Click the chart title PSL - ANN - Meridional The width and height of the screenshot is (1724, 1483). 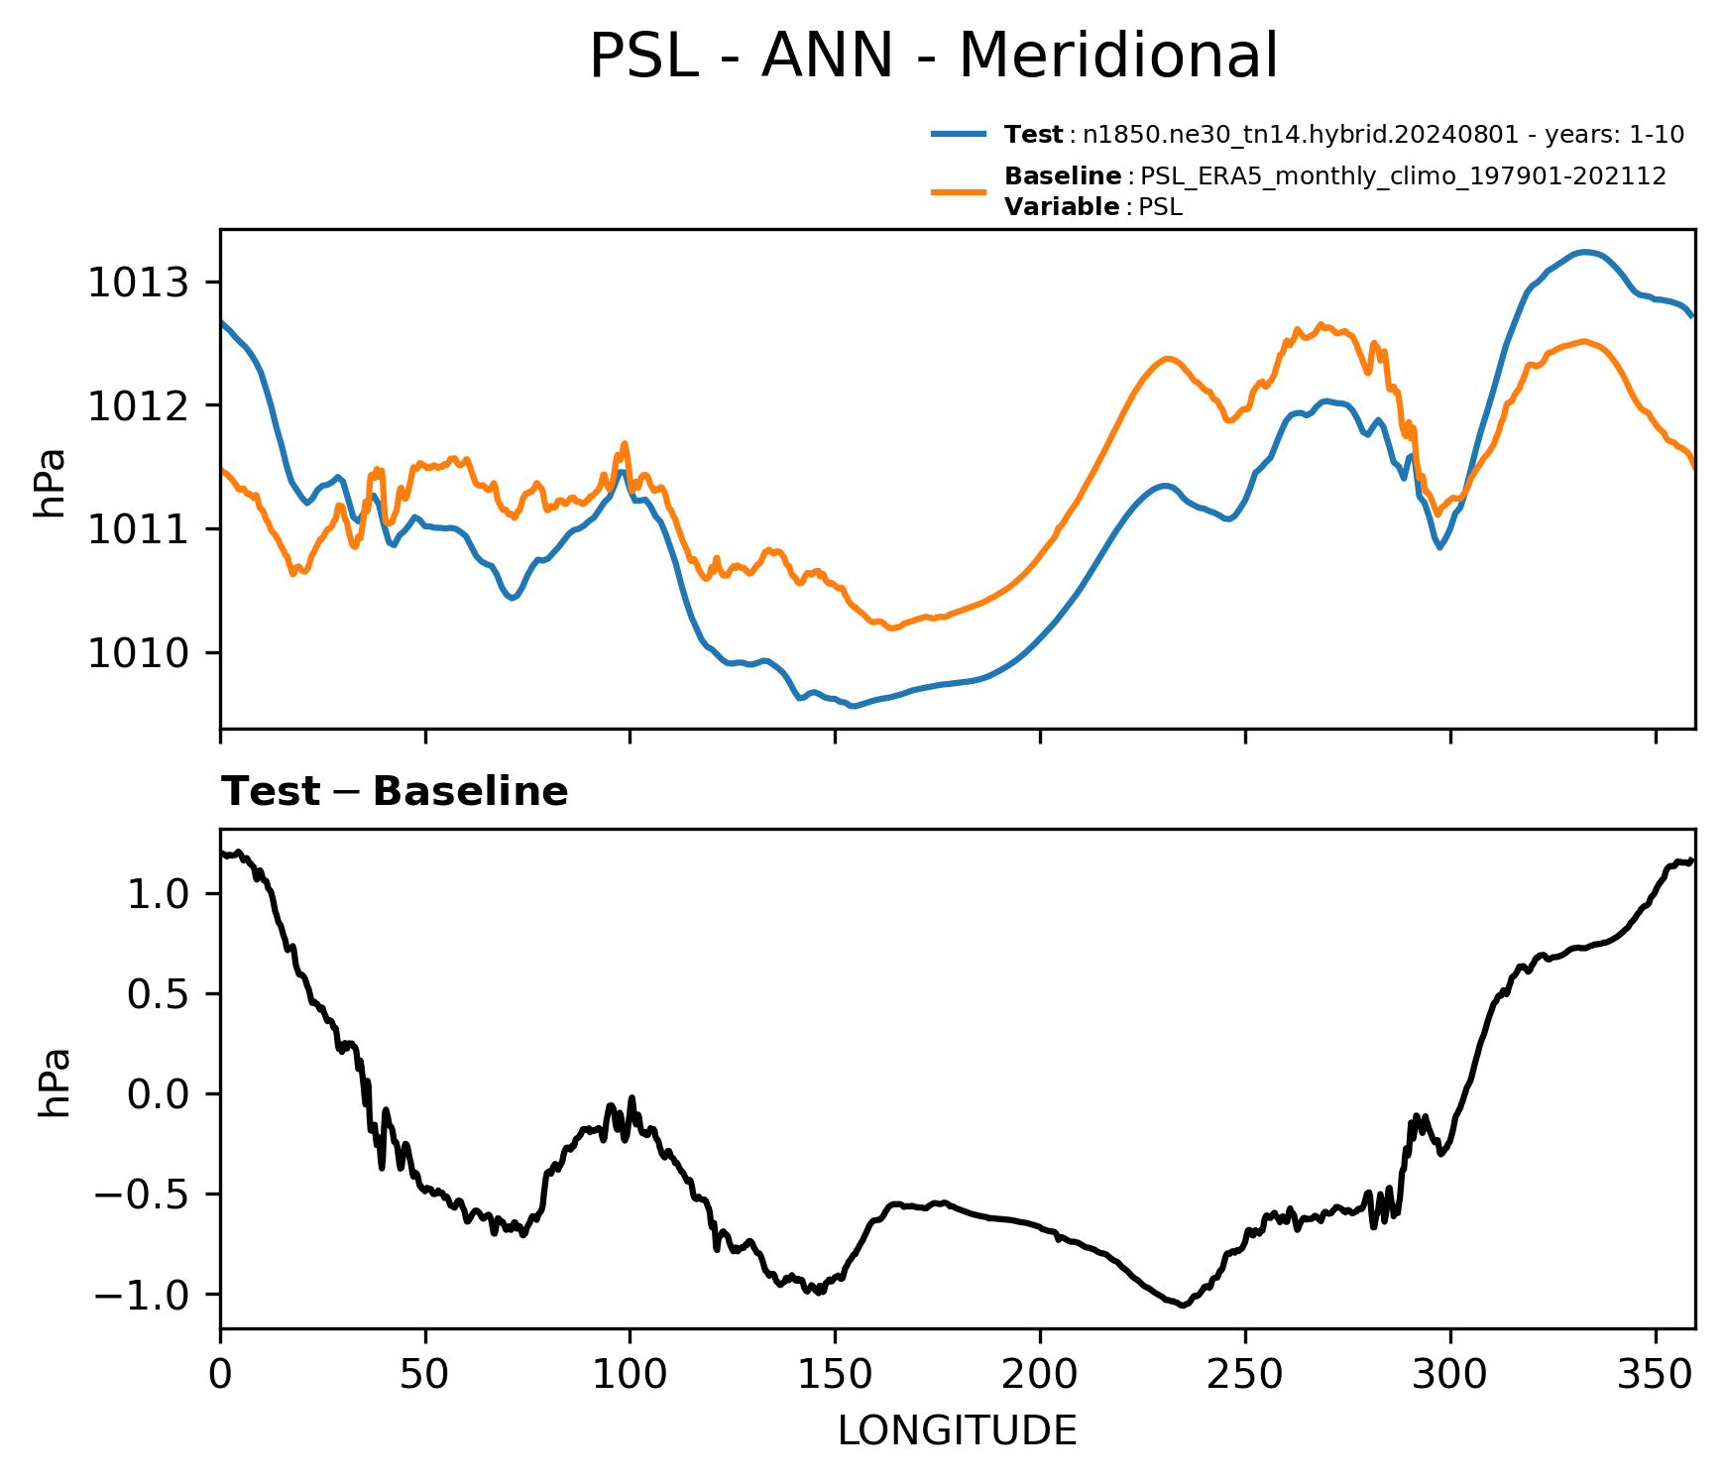pos(933,57)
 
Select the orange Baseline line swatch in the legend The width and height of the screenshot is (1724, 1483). pos(959,191)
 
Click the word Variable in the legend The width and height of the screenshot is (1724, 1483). pos(1062,207)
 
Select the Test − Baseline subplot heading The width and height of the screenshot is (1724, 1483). pos(395,792)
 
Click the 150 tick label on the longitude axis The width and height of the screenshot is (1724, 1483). pos(835,1374)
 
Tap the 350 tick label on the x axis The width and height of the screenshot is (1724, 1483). pos(1655,1374)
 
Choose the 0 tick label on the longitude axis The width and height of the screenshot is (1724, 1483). pos(220,1374)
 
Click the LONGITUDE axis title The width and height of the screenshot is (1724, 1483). pos(958,1431)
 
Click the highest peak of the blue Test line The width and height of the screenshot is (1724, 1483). pos(1584,252)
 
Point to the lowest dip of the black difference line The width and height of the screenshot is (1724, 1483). pos(1183,1306)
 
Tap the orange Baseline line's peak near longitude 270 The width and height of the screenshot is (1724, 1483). pos(1321,324)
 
